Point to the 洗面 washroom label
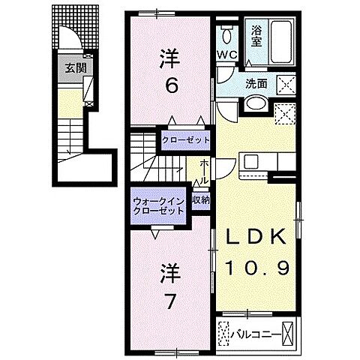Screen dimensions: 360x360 pos(254,83)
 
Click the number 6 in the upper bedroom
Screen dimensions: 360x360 pos(172,86)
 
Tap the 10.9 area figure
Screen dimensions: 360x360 pos(256,266)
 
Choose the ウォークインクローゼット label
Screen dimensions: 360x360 pos(157,205)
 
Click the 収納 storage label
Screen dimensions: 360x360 pos(199,199)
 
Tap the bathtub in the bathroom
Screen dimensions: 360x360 pos(281,34)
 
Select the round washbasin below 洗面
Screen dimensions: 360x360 pos(255,104)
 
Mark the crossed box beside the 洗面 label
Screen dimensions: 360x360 pos(285,84)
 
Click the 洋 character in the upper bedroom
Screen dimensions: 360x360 pos(171,58)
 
